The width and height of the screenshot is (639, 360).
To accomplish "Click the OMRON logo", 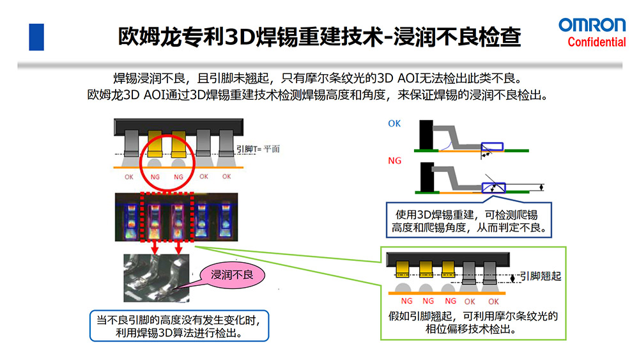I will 592,25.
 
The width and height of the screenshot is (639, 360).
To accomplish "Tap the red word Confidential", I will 597,43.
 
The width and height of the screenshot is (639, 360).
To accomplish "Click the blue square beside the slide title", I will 36,36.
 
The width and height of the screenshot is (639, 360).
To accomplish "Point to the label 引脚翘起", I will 541,276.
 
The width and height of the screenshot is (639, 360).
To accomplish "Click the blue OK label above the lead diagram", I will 394,123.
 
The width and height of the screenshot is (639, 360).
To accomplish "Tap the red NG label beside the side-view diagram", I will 394,161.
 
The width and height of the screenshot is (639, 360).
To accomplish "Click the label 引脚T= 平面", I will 259,149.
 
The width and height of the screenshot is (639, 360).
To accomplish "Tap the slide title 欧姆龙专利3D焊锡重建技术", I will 319,36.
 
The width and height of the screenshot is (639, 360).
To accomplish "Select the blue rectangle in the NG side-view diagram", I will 493,188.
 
